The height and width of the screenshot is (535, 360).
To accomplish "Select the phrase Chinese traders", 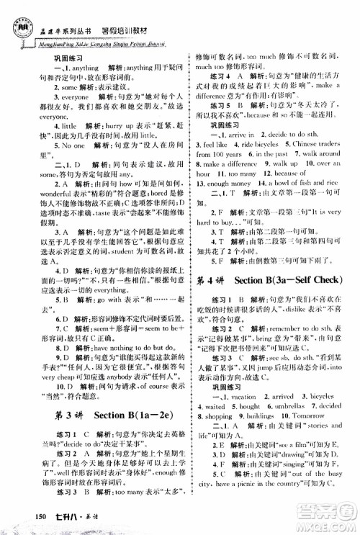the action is point(318,123).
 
